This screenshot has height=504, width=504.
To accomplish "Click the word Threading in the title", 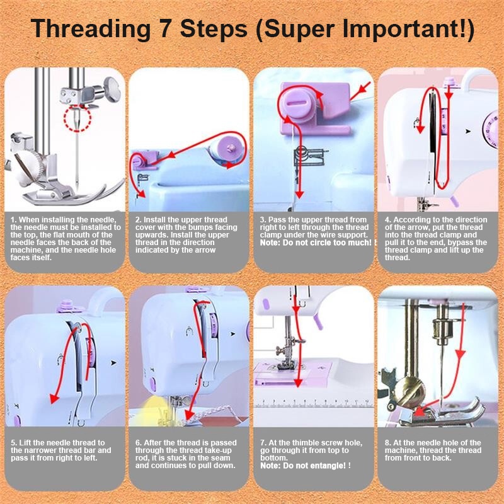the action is (91, 30).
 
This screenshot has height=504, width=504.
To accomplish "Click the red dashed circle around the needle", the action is (77, 118).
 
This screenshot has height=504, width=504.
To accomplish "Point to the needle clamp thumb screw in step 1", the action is (112, 89).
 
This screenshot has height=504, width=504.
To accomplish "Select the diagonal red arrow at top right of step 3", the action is (360, 91).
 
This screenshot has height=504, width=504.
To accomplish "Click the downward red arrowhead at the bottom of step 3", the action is (299, 194).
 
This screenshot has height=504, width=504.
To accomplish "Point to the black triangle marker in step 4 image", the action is (468, 132).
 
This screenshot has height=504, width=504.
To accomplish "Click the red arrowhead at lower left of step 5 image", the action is (54, 399).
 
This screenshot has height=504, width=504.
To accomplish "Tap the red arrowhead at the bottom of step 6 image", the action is (189, 416).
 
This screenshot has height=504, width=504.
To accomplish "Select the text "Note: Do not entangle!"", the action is (306, 466).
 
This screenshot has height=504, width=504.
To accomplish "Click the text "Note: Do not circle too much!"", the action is (318, 243).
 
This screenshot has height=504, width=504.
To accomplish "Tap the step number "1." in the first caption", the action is (13, 220).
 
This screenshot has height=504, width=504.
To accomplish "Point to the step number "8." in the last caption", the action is (388, 443).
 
